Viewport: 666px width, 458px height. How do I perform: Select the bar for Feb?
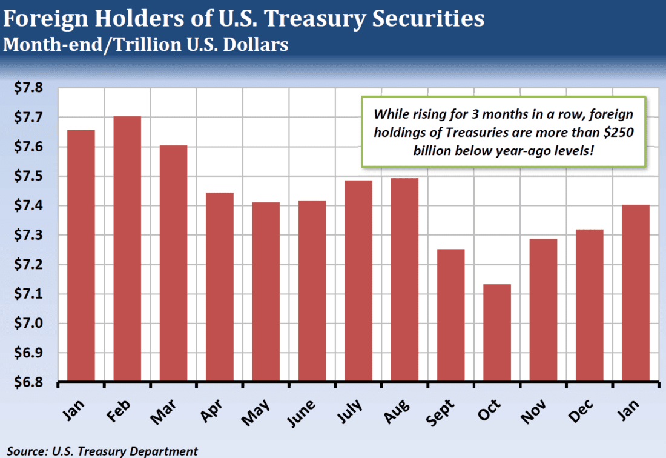click(x=127, y=249)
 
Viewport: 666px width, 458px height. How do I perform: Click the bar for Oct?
click(x=497, y=333)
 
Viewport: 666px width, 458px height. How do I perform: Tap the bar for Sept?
click(x=450, y=316)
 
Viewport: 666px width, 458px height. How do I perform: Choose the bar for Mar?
click(x=173, y=264)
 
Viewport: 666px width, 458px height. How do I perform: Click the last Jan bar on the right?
click(x=636, y=293)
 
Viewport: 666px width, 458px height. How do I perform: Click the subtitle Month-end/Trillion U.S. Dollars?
click(x=145, y=45)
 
